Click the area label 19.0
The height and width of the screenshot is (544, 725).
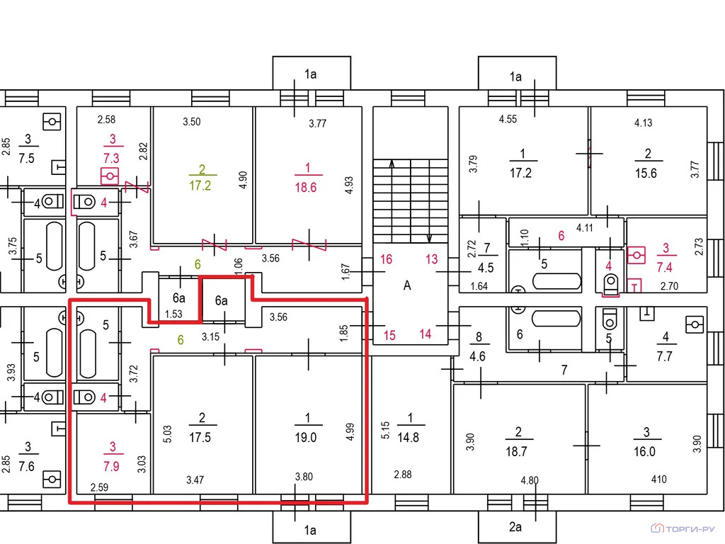(x=306, y=438)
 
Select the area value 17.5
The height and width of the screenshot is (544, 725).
(x=200, y=438)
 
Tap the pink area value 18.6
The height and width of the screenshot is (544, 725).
(x=306, y=187)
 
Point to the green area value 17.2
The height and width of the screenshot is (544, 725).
(x=200, y=186)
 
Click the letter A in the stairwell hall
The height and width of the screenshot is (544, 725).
(x=407, y=285)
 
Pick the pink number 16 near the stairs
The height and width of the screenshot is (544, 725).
(x=386, y=259)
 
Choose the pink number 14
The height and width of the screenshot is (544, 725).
(x=426, y=334)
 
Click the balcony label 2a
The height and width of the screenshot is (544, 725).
(x=515, y=527)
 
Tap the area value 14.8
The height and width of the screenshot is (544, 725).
(x=408, y=438)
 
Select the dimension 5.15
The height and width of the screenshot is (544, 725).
(x=385, y=430)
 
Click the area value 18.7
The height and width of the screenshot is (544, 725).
(x=516, y=451)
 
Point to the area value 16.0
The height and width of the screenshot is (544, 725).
(x=644, y=451)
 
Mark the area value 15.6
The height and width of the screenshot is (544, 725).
(x=646, y=174)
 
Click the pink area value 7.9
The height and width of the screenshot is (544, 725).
(x=111, y=466)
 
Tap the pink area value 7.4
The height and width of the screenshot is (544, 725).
(x=664, y=267)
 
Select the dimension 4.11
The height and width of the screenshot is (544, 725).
(x=584, y=227)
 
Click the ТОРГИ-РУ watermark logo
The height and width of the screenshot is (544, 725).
(x=683, y=528)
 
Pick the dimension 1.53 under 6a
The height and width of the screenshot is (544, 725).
(x=173, y=314)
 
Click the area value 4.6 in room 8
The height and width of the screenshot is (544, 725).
(x=477, y=357)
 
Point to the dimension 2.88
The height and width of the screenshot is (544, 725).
(x=402, y=474)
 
